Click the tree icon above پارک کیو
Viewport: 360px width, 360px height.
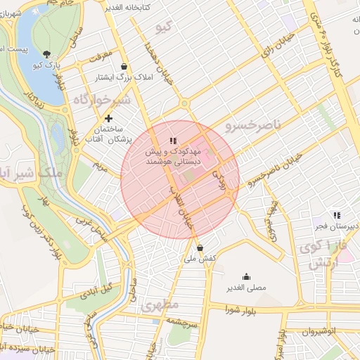[x=46, y=54]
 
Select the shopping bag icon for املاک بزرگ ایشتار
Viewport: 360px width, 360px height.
[x=124, y=66]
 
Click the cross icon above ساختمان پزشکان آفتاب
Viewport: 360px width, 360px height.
[x=108, y=119]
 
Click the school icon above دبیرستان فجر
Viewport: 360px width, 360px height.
[x=337, y=214]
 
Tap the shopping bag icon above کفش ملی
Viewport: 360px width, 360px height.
[x=200, y=247]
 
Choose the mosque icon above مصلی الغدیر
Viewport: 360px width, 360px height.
[x=246, y=276]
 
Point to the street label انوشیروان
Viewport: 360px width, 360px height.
[x=324, y=330]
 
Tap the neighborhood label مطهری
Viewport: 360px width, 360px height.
[x=160, y=305]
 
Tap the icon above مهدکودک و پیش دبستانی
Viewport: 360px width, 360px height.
[x=173, y=141]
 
